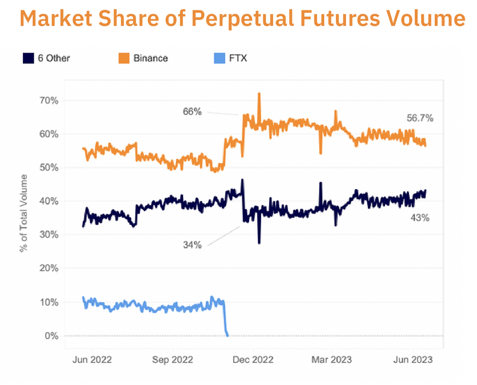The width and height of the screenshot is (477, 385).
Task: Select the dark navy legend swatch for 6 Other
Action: point(28,58)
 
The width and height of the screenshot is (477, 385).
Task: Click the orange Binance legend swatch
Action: point(124,58)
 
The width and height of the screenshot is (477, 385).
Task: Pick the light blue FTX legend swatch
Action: point(219,58)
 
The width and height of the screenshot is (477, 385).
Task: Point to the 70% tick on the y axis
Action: point(49,101)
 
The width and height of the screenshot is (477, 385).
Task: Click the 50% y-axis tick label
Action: point(49,168)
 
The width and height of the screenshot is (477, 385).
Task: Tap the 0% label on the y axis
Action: point(51,336)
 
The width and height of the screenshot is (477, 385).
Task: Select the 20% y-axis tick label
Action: point(49,268)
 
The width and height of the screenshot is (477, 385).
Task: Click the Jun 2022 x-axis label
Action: point(92,360)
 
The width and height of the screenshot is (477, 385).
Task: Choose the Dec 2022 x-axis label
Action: point(253,360)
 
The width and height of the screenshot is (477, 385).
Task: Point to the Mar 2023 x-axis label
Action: point(331,360)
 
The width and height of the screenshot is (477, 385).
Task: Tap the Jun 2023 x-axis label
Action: point(413,360)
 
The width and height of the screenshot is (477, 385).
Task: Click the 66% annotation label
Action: point(192,112)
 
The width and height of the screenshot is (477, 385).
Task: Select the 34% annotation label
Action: point(192,245)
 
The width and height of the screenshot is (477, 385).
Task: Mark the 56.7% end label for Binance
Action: point(420,118)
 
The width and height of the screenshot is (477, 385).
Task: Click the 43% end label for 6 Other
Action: point(420,218)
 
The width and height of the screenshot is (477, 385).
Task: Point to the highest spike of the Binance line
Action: point(259,94)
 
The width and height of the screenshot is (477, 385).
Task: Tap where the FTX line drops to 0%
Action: point(227,335)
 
